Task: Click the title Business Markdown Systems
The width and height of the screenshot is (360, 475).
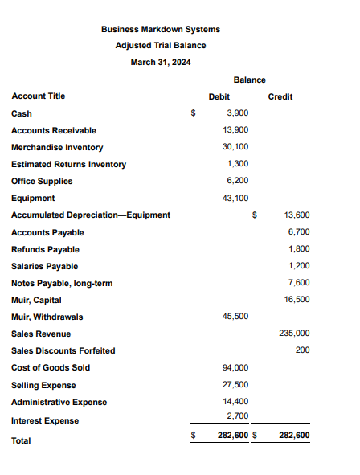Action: [161, 29]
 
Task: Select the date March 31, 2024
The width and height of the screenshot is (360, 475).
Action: [161, 62]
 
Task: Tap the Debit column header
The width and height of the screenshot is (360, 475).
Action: [219, 96]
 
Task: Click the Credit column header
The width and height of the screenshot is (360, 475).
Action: [280, 96]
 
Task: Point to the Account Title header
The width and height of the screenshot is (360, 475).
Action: [39, 96]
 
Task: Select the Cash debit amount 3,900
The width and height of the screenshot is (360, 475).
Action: [238, 113]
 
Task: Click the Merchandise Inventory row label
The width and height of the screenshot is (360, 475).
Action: [57, 147]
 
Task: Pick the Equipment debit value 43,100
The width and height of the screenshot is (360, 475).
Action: [235, 198]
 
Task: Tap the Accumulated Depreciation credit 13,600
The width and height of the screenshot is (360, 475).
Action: [297, 215]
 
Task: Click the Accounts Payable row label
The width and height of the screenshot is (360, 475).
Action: [47, 232]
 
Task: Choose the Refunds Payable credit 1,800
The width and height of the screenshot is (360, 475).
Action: [299, 248]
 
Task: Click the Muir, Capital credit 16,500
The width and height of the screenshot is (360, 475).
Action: [297, 299]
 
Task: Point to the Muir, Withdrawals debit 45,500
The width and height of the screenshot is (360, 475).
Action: [235, 317]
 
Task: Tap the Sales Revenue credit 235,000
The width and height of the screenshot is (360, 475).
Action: [295, 333]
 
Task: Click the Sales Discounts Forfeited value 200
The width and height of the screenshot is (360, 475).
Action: [303, 350]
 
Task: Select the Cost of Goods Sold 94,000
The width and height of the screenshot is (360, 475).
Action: [235, 367]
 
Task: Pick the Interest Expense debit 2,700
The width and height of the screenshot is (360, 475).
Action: [238, 416]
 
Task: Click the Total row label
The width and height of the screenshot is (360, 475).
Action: [22, 440]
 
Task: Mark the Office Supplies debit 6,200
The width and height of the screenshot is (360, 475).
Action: [238, 181]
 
